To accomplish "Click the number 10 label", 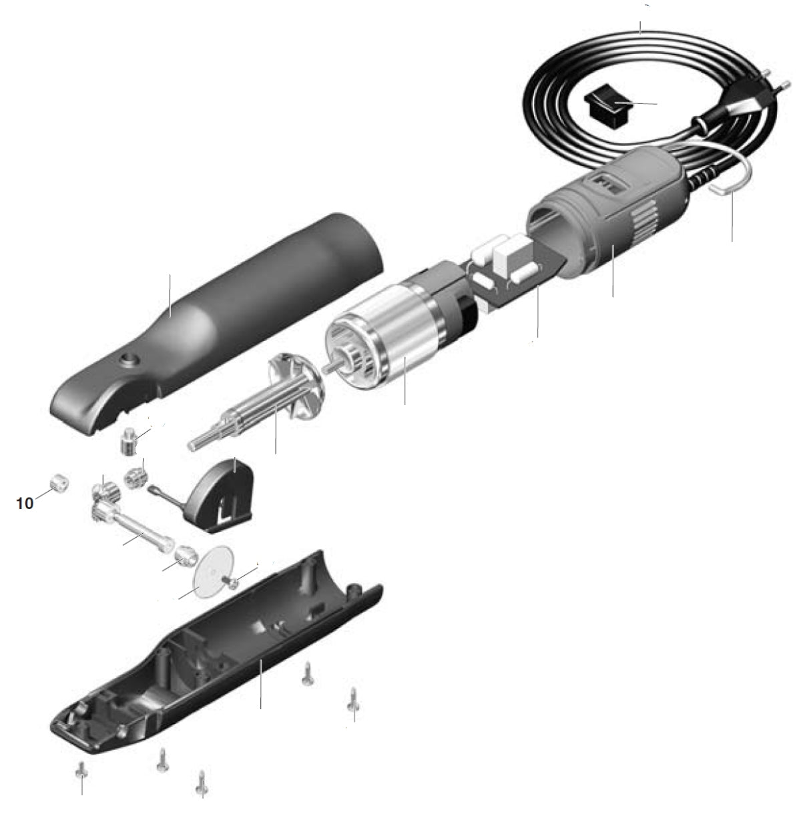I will coord(25,503).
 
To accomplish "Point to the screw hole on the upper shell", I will coord(127,360).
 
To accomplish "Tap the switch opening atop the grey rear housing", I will coord(605,181).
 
